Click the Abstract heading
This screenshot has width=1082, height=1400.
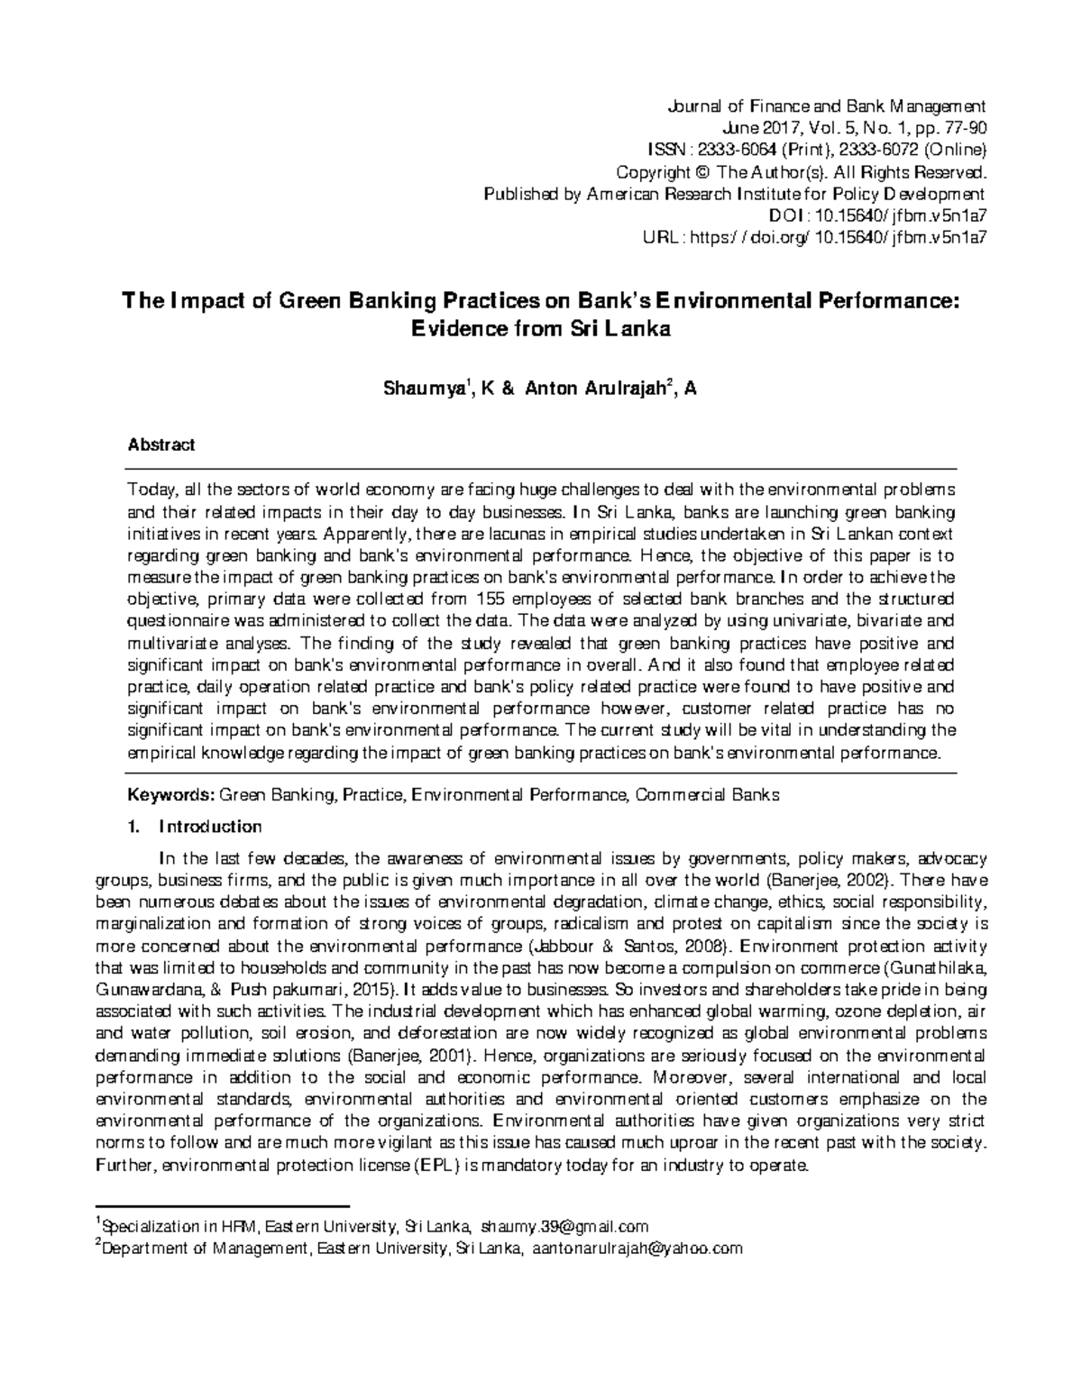[x=161, y=445]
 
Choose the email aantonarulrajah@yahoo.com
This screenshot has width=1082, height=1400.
[x=637, y=1249]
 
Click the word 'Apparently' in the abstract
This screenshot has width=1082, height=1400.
[x=358, y=534]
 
